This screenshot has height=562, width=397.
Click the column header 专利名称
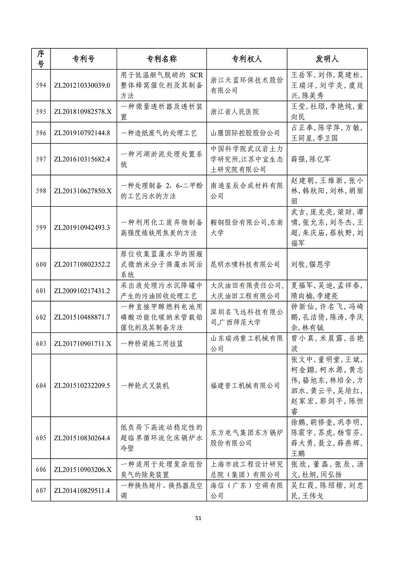pyautogui.click(x=162, y=59)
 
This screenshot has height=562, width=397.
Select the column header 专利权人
pyautogui.click(x=247, y=59)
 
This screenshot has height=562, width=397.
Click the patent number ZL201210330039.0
pyautogui.click(x=82, y=85)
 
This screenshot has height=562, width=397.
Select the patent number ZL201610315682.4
pyautogui.click(x=82, y=159)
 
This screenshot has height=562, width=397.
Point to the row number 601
pyautogui.click(x=41, y=291)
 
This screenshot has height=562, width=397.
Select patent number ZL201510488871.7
pyautogui.click(x=82, y=317)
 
